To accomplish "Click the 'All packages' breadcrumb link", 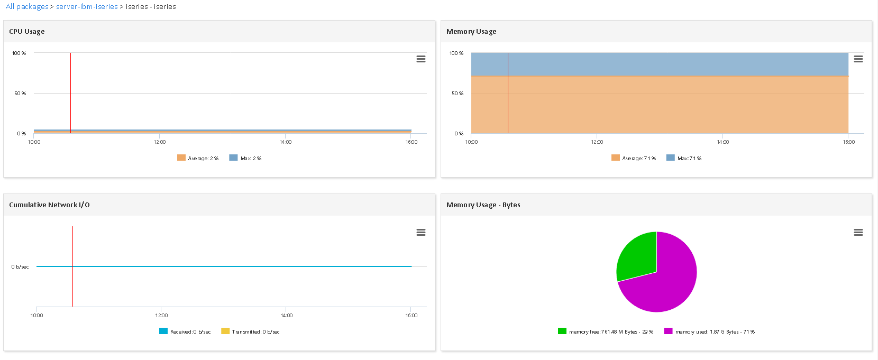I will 27,7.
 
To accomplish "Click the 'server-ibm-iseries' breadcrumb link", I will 87,7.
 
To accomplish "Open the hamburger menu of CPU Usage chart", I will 421,59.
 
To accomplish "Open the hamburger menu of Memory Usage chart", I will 858,59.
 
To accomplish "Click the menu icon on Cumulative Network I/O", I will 421,233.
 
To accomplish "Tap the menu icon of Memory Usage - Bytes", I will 858,233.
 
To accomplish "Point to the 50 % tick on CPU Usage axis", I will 20,94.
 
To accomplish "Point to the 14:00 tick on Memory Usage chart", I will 722,142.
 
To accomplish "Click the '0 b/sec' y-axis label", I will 20,267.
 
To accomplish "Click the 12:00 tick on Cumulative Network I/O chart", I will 161,316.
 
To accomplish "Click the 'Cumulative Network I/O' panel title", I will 49,205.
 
